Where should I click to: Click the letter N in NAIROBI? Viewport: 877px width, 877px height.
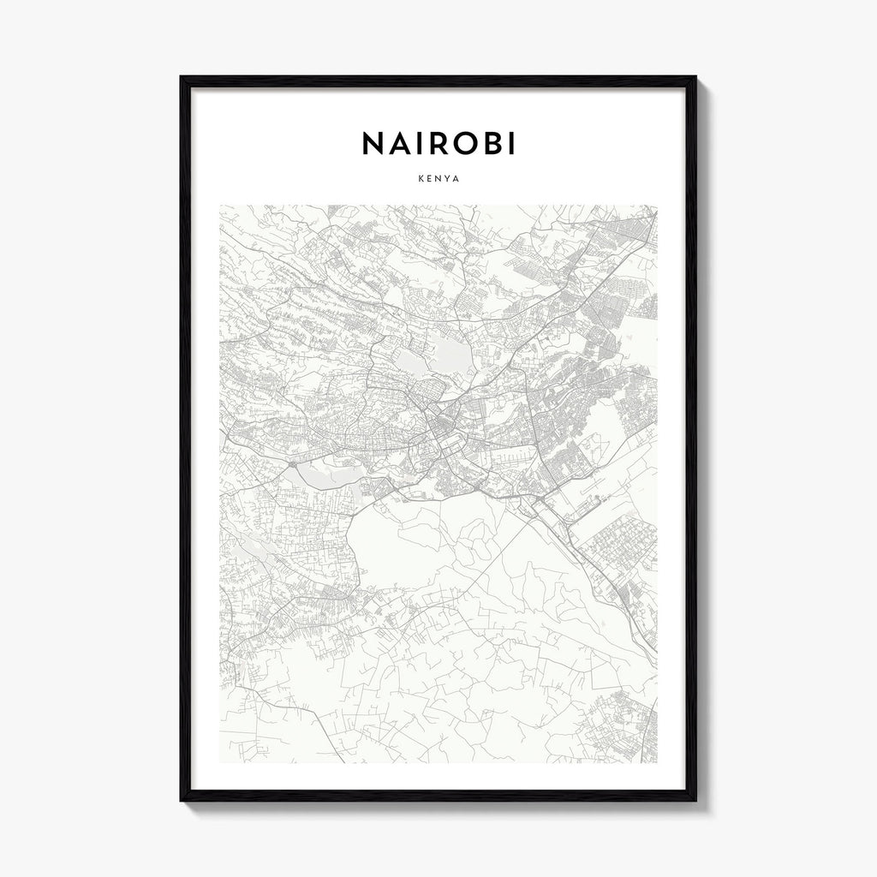374,144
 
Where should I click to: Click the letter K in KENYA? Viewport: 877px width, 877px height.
418,179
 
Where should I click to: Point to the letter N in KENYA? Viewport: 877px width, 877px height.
438,179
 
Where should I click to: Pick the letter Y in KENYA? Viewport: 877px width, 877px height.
448,179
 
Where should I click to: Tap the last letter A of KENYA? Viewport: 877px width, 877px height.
458,179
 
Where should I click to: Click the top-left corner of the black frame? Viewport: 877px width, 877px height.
182,78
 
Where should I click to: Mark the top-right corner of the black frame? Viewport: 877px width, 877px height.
695,78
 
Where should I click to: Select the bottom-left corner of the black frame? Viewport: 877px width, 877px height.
182,800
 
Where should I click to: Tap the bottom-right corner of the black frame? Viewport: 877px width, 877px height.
695,800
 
